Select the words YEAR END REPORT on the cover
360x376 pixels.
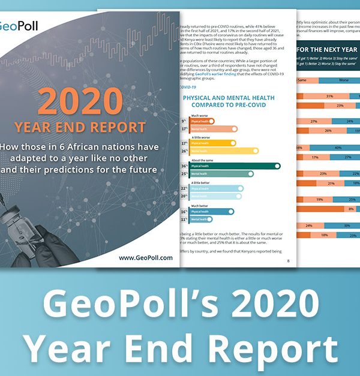88,127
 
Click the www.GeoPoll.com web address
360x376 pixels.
146,258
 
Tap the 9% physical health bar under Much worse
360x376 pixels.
201,121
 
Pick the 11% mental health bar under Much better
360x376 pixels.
201,219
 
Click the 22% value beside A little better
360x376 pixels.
183,188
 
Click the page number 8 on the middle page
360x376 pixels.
288,261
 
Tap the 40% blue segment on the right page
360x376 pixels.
338,148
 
